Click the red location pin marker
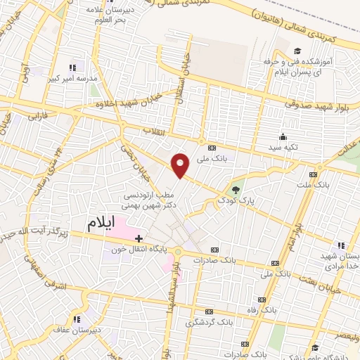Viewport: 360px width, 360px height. (x=181, y=164)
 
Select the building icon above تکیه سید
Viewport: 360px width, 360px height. (x=283, y=136)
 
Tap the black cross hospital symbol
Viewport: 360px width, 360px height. (x=139, y=238)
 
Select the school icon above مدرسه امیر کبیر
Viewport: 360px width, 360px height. (x=72, y=68)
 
